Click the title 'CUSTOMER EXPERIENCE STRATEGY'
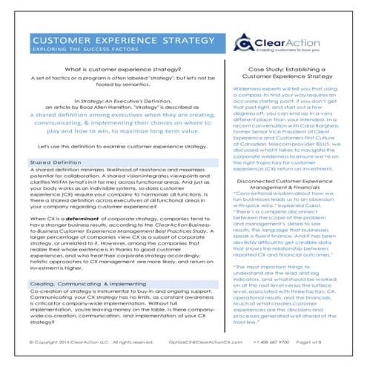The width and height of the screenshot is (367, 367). click(x=109, y=40)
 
